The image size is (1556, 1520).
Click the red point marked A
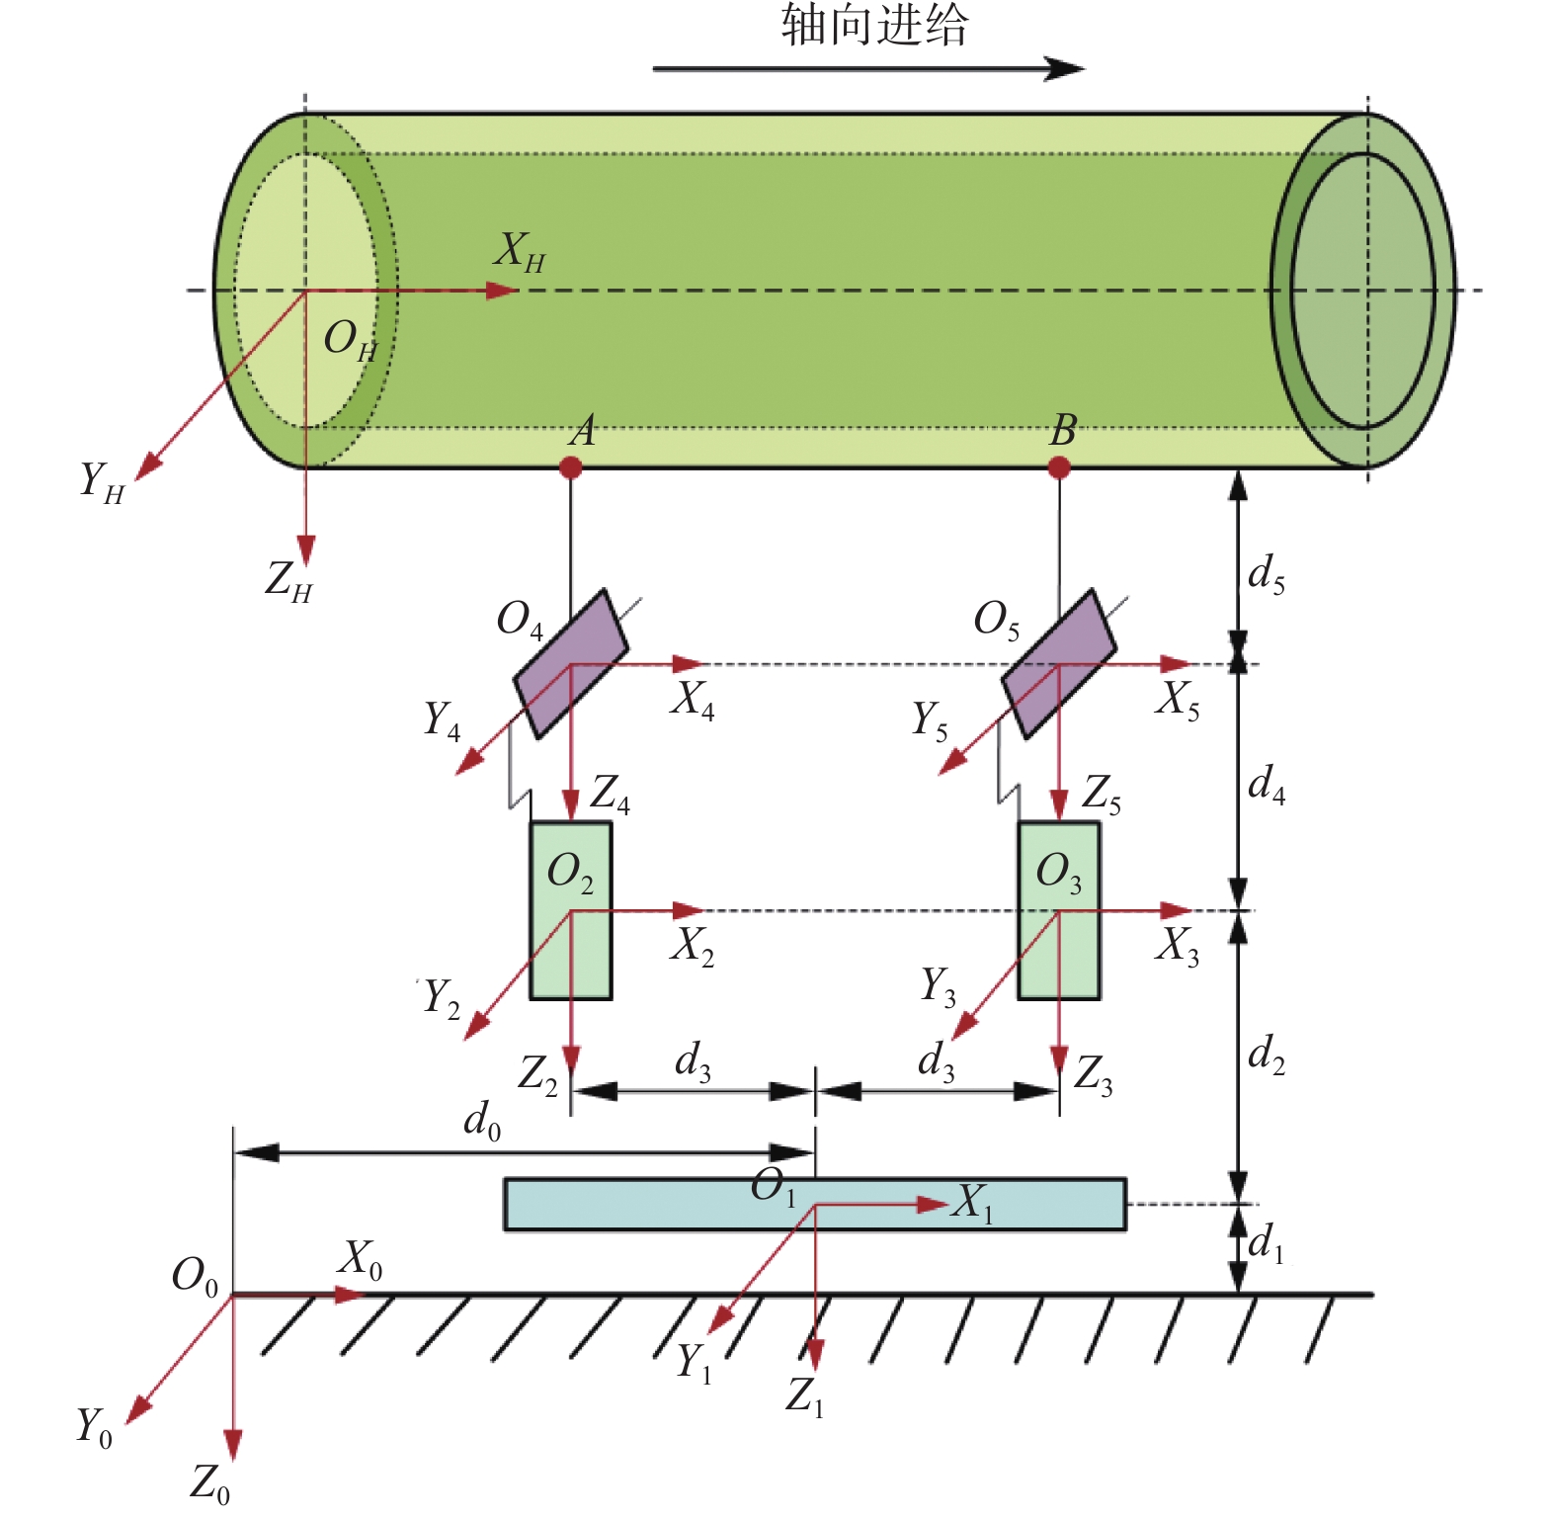(x=570, y=466)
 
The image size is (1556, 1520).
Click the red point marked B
(x=1059, y=466)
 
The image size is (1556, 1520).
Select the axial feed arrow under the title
(x=868, y=68)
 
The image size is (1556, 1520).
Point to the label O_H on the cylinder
(x=351, y=340)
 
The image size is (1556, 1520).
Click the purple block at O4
(x=570, y=664)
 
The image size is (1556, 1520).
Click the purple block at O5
(x=1059, y=664)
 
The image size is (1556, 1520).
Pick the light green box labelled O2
(x=571, y=910)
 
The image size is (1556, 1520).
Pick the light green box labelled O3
(x=1059, y=910)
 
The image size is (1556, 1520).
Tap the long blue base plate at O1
(x=815, y=1204)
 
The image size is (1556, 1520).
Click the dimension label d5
(x=1267, y=574)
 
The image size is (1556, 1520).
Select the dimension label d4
(x=1267, y=785)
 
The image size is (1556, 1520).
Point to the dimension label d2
(x=1267, y=1055)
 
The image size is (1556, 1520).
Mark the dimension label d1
(x=1267, y=1243)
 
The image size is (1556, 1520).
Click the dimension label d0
(x=482, y=1121)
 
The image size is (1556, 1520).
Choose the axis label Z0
(x=210, y=1483)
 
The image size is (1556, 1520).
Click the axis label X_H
(x=520, y=252)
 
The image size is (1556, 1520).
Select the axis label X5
(x=1179, y=701)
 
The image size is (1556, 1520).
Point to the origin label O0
(x=195, y=1276)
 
